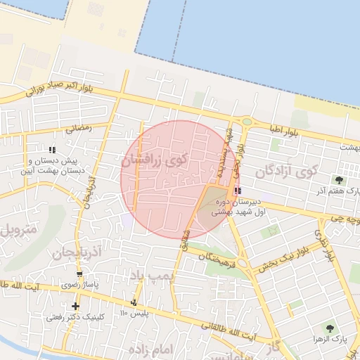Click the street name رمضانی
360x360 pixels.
click(78, 129)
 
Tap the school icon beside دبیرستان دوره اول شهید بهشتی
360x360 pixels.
click(237, 191)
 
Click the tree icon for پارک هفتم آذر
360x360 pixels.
click(339, 181)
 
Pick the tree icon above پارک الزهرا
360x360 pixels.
click(329, 328)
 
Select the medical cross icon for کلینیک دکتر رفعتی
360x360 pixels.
click(75, 306)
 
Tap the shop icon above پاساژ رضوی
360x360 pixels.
click(79, 275)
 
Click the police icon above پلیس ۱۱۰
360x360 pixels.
click(134, 302)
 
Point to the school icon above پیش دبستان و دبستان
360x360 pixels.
click(52, 149)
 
